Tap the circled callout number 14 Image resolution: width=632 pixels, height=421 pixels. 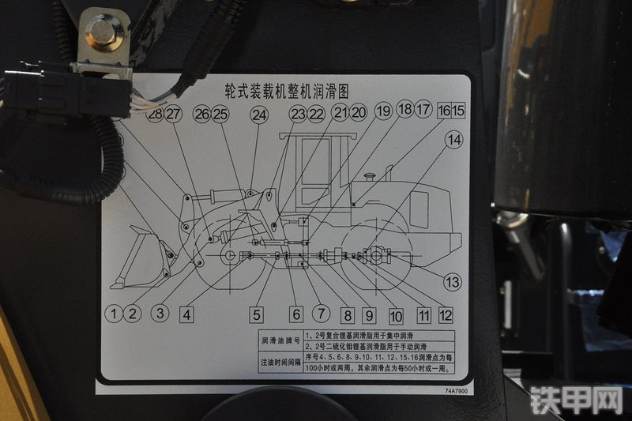pos(453,141)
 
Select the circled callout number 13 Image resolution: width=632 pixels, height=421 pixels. pos(451,282)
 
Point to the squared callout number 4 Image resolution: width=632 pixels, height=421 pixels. pos(186,314)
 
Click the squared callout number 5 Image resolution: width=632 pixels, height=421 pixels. pos(257,314)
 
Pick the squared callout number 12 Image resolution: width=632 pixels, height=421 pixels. pos(446,315)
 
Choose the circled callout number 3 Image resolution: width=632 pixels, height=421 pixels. pos(160,313)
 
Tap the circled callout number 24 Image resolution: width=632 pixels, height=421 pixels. pos(259,115)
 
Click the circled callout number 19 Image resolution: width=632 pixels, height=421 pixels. pos(383,111)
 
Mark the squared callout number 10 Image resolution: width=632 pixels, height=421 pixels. pos(396,316)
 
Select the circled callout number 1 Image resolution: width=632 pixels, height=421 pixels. pos(115,314)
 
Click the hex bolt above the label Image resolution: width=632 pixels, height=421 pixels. pos(102,32)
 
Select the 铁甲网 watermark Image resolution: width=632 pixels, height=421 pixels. pos(576,400)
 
